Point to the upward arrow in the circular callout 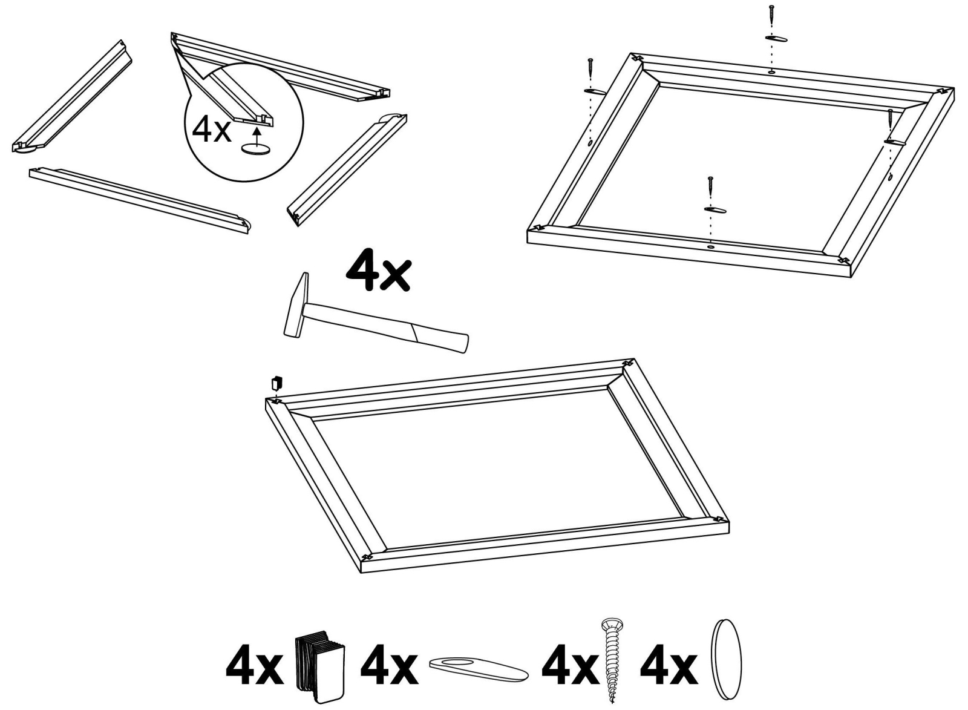[258, 134]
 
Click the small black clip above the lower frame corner [276, 383]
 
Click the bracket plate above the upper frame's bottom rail [715, 209]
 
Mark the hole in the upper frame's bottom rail [710, 246]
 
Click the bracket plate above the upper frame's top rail [776, 39]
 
